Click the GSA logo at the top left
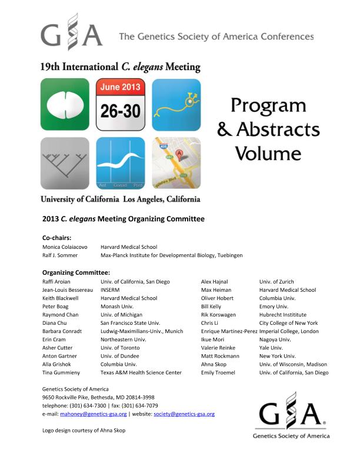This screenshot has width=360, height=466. (71, 34)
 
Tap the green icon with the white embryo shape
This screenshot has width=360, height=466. (65, 104)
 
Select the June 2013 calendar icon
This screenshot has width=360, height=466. (121, 104)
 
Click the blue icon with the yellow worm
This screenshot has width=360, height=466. (176, 104)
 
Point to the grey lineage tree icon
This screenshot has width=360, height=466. (65, 163)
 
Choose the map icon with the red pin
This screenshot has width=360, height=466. (176, 163)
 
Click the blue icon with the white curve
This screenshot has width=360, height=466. (121, 163)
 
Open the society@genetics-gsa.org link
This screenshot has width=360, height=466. (184, 414)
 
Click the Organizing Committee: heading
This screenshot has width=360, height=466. (76, 272)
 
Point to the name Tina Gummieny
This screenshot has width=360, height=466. (60, 372)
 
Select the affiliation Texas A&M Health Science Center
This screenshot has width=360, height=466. (141, 372)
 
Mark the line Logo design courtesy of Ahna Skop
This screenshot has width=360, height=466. (84, 430)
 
